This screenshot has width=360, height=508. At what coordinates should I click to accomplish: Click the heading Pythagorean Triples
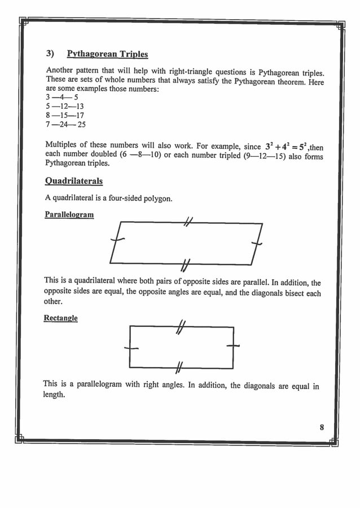(x=107, y=54)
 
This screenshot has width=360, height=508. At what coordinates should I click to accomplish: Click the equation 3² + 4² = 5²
(x=285, y=147)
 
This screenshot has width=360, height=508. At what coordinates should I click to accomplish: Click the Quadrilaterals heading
(x=73, y=181)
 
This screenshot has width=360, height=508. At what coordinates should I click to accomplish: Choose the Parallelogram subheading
(x=69, y=215)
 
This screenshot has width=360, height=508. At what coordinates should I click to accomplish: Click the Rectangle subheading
(x=60, y=318)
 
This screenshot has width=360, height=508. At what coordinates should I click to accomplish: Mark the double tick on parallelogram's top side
(x=188, y=223)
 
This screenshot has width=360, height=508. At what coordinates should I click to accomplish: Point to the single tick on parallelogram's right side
(x=257, y=243)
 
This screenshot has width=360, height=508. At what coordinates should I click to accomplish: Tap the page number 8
(x=322, y=427)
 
